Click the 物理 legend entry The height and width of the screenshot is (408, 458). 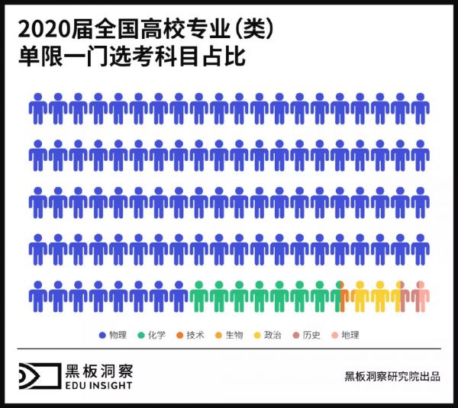(113, 335)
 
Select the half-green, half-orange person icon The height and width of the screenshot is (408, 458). (340, 296)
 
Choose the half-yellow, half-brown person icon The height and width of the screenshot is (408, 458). (400, 296)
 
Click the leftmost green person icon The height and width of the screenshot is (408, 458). (198, 296)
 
